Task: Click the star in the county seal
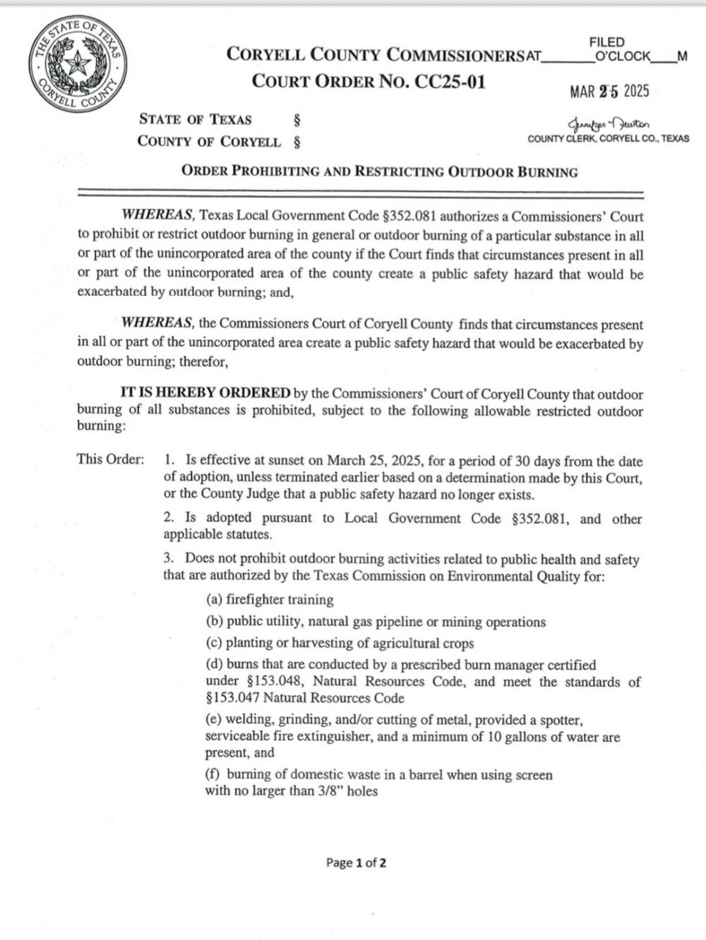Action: (77, 65)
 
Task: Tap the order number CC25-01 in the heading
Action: (450, 81)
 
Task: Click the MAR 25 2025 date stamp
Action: (609, 91)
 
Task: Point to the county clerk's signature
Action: (608, 125)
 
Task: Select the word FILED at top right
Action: (607, 42)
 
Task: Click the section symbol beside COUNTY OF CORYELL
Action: (297, 142)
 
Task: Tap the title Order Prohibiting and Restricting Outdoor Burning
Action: (379, 171)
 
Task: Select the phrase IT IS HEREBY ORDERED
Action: (205, 393)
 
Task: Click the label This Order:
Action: (111, 459)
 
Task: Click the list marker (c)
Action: (214, 643)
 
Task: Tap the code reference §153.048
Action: (276, 682)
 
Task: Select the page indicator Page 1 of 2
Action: (356, 862)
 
